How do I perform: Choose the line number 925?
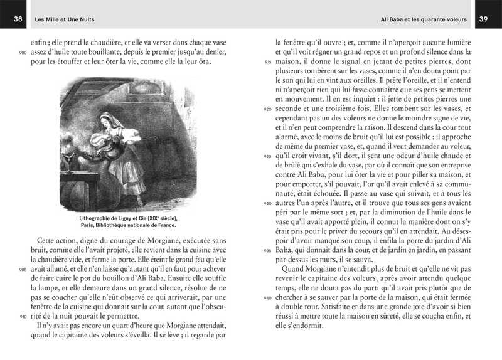point(268,157)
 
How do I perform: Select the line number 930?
point(268,204)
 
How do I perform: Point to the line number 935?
point(268,251)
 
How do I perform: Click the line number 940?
point(268,298)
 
